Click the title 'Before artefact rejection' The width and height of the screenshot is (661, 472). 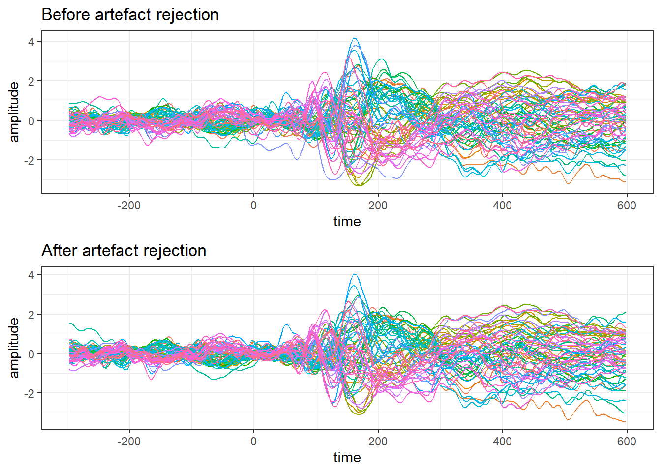(130, 15)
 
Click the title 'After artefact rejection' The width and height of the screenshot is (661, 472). (124, 251)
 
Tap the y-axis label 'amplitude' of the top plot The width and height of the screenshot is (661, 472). (14, 112)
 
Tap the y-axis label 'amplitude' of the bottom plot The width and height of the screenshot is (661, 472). (14, 348)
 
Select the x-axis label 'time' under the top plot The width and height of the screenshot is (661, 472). (347, 222)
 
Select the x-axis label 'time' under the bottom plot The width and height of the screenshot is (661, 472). (347, 458)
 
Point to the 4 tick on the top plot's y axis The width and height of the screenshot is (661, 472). (31, 42)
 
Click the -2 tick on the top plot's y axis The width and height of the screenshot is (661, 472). (30, 160)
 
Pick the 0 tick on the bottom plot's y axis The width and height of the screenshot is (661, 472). (31, 354)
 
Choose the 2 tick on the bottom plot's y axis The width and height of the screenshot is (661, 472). (31, 315)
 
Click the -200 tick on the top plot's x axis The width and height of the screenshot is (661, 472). (129, 206)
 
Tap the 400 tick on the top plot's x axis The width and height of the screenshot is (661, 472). (502, 206)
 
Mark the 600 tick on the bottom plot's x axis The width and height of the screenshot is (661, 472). (627, 442)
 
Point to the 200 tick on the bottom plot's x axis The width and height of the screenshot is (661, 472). (378, 442)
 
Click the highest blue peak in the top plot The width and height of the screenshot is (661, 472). (354, 38)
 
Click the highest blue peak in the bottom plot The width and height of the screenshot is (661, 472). (354, 274)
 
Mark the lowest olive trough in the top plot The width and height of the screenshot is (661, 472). (359, 186)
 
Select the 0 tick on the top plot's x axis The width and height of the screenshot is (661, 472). (253, 206)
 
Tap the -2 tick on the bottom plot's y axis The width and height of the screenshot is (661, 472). (30, 393)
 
